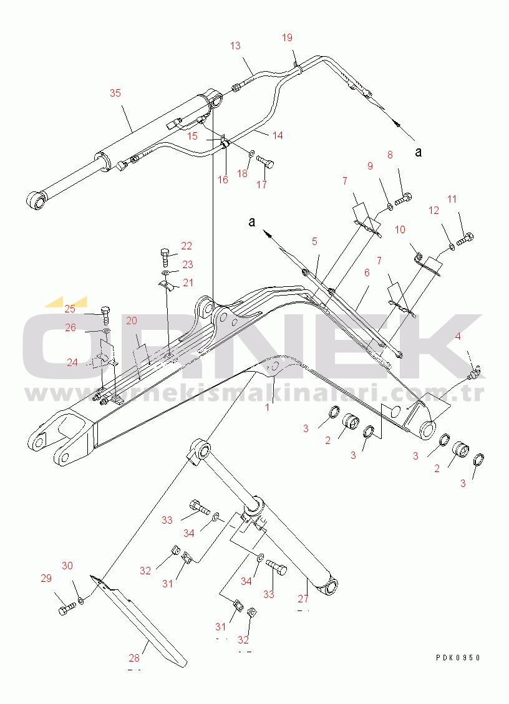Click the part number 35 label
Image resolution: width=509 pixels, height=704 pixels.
pos(115,93)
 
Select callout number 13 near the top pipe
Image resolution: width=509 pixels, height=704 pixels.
pos(235,46)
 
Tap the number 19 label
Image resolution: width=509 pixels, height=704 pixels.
pos(287,38)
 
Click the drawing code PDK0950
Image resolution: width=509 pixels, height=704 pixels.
pos(458,658)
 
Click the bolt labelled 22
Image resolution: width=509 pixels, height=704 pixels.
pos(165,257)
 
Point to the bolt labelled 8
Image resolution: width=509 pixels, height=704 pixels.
pos(404,198)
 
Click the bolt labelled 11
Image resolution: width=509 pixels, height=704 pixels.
pos(465,238)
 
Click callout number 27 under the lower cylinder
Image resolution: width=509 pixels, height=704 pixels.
pos(303,599)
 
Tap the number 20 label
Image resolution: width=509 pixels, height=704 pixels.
pos(132,321)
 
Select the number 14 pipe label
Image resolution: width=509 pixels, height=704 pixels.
pos(277,135)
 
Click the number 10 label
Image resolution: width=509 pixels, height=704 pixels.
pos(400,230)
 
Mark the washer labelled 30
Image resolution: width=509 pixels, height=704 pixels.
pos(81,602)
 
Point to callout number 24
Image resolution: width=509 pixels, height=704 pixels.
pos(73,362)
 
